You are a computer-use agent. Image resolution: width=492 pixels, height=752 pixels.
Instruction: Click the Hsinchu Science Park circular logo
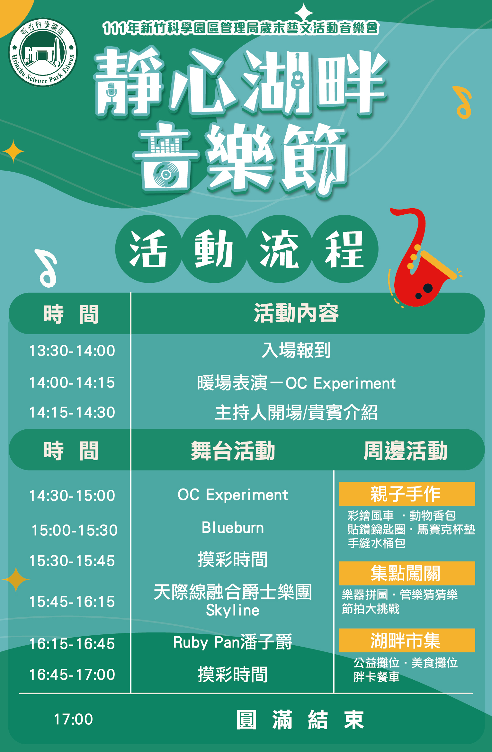click(x=43, y=52)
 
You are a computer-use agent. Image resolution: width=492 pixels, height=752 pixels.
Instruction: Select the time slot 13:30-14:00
click(x=72, y=350)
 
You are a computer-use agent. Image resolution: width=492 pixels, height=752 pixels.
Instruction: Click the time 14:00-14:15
click(x=72, y=382)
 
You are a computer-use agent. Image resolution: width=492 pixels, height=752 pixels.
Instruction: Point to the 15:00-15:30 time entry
click(x=75, y=530)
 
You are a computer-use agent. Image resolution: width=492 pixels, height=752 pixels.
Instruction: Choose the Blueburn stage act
click(x=233, y=528)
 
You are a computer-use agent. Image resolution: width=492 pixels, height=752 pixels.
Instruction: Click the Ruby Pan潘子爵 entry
click(x=233, y=642)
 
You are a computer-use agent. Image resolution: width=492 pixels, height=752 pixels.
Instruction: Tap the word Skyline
click(x=233, y=610)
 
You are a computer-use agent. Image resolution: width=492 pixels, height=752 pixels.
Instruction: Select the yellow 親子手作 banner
click(x=407, y=494)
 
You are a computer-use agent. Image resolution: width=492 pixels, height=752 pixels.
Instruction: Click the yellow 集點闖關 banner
click(x=407, y=573)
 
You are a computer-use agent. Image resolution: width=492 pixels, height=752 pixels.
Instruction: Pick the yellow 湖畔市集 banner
click(x=407, y=640)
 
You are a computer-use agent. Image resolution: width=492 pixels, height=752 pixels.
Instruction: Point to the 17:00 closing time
click(x=73, y=719)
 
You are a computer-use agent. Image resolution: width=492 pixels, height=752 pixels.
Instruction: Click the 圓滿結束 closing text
click(x=300, y=720)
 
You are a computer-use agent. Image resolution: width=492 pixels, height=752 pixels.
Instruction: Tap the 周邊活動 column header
click(x=406, y=451)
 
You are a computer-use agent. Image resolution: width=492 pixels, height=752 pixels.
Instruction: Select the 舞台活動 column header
click(x=233, y=451)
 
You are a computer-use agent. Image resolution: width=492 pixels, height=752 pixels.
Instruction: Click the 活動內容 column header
click(x=296, y=313)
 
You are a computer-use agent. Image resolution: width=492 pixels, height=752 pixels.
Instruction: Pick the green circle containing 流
click(x=280, y=249)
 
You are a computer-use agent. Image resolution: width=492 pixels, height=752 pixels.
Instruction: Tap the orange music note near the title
click(x=463, y=103)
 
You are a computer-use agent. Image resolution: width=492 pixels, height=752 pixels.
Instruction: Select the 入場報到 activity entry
click(x=296, y=350)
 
